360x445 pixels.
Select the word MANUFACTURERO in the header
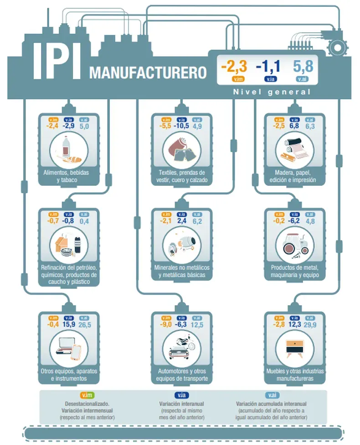point(148,73)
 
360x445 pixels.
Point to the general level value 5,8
point(303,66)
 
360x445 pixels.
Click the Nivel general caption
point(272,92)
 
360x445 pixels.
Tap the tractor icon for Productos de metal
point(295,244)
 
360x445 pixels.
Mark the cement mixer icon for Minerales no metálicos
point(181,243)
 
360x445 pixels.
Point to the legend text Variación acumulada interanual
point(272,404)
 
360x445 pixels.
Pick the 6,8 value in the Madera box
point(294,126)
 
